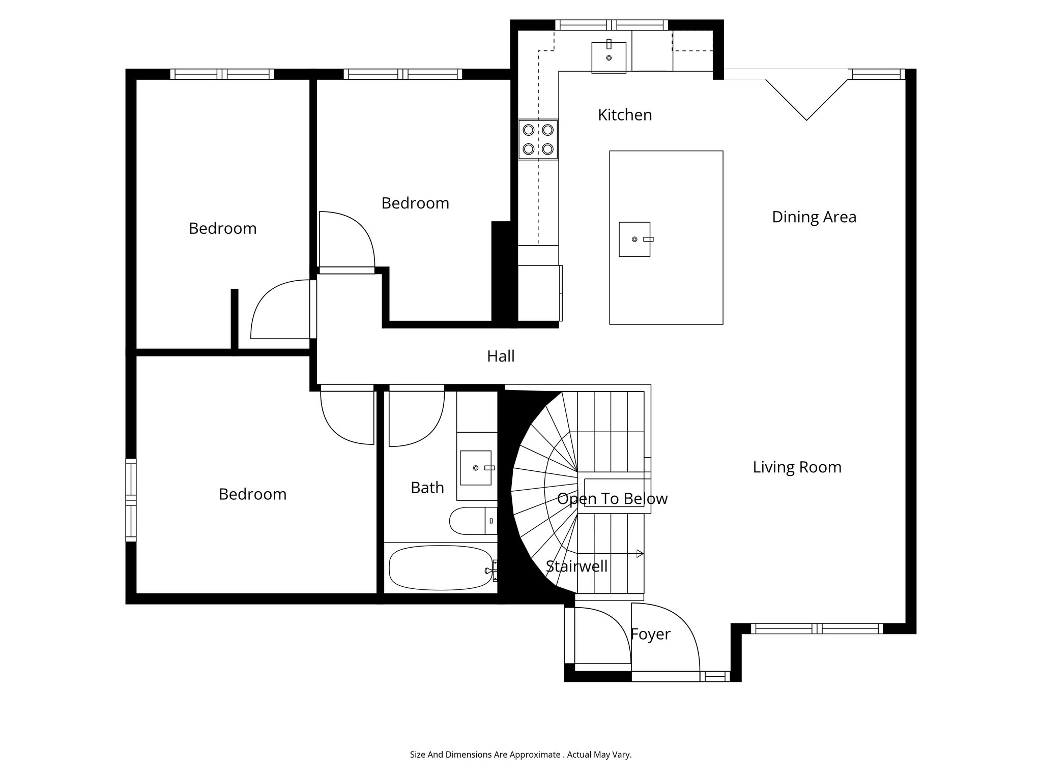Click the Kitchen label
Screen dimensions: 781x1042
(624, 115)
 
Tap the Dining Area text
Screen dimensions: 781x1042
(814, 217)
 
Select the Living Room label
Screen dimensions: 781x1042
(797, 467)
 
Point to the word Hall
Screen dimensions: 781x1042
(501, 356)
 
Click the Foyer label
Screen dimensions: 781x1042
(650, 634)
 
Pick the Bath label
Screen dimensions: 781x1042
(427, 488)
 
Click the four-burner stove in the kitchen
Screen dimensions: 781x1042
(538, 139)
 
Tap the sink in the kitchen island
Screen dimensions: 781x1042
(634, 239)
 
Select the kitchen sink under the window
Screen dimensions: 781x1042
(609, 57)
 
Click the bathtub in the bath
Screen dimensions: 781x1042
(440, 568)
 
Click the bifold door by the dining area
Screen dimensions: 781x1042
(806, 99)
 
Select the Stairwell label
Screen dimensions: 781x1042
(576, 566)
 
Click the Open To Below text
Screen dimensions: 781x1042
(612, 499)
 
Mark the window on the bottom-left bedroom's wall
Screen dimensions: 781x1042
(131, 500)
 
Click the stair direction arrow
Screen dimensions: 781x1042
(640, 553)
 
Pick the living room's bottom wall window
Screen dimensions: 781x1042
(817, 628)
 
